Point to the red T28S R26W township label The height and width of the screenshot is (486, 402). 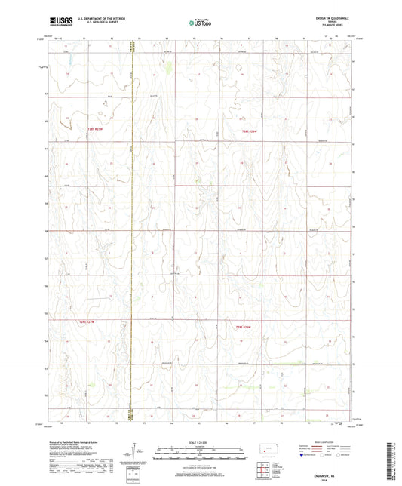(x=250, y=133)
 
